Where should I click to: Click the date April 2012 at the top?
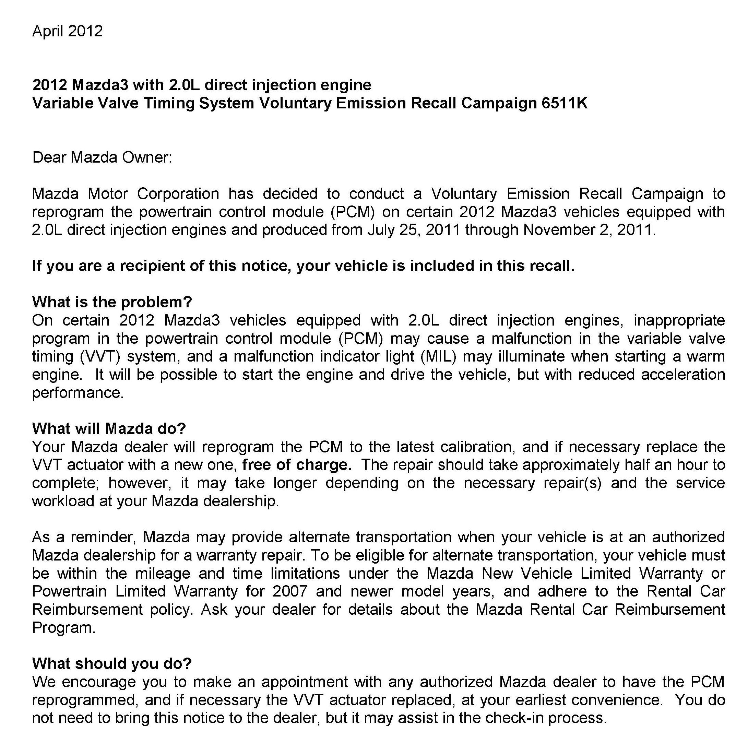tap(67, 31)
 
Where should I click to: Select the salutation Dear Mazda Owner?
tap(102, 157)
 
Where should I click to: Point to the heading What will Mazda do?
tap(109, 429)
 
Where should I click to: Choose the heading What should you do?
tap(112, 663)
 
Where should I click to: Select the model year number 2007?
tap(290, 591)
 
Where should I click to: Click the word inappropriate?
tap(679, 320)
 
